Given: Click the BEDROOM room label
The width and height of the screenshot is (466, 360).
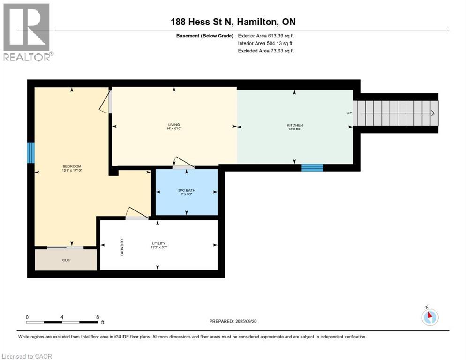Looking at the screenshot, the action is coord(72,166).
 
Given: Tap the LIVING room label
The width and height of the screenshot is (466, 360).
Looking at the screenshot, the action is coord(174,125).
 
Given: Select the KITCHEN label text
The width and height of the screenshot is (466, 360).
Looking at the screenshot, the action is coord(295,125).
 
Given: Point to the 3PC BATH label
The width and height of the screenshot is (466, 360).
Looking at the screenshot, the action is coord(187,190).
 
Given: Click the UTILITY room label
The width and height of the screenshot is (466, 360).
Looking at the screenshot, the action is coord(159,243).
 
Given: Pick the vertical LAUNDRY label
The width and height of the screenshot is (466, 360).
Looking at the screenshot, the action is coord(122,247).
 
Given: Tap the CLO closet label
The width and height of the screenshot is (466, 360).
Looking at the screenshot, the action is coord(66,260).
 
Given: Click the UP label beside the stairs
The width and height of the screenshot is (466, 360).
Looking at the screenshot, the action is coord(349,113).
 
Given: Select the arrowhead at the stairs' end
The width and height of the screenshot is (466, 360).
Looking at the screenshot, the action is coord(433,113).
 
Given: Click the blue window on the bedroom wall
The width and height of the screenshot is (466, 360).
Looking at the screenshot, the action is coord(30,152).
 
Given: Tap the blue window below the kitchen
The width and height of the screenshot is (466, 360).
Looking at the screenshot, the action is coord(312,168).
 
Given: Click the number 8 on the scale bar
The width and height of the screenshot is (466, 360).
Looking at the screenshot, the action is coord(98,317).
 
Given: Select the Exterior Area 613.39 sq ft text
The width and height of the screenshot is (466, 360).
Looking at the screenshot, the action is coord(266,36).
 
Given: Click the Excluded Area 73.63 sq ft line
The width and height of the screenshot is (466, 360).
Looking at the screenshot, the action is coord(266,51).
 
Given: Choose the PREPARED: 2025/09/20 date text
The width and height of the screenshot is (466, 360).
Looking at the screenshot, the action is coord(233,321).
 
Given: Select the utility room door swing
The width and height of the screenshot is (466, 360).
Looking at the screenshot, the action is coord(137,213).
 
